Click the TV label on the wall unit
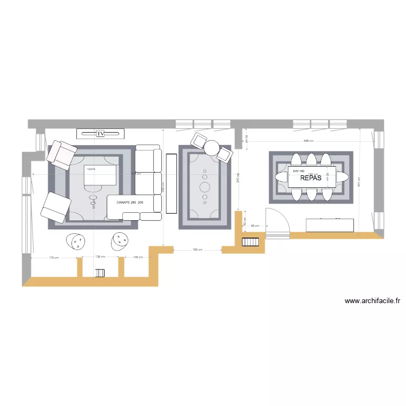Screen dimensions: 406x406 coord(100,133)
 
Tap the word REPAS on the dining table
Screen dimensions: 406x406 coord(311,178)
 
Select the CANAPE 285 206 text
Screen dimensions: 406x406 coord(130,202)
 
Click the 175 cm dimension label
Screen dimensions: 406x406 coord(53,258)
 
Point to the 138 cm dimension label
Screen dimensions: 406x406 coord(100,257)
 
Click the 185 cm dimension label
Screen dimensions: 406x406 coord(197,250)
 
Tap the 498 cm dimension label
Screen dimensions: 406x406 coord(309,141)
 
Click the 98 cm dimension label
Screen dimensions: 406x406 coord(254,226)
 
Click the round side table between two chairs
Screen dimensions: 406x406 coord(212,147)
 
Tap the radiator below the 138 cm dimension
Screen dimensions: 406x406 coord(100,273)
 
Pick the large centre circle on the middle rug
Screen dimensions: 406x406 coord(205,187)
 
